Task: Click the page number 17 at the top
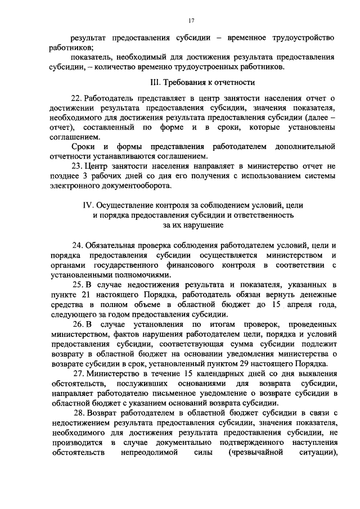pos(191,21)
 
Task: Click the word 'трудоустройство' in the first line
pos(301,39)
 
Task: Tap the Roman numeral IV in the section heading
pos(88,206)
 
